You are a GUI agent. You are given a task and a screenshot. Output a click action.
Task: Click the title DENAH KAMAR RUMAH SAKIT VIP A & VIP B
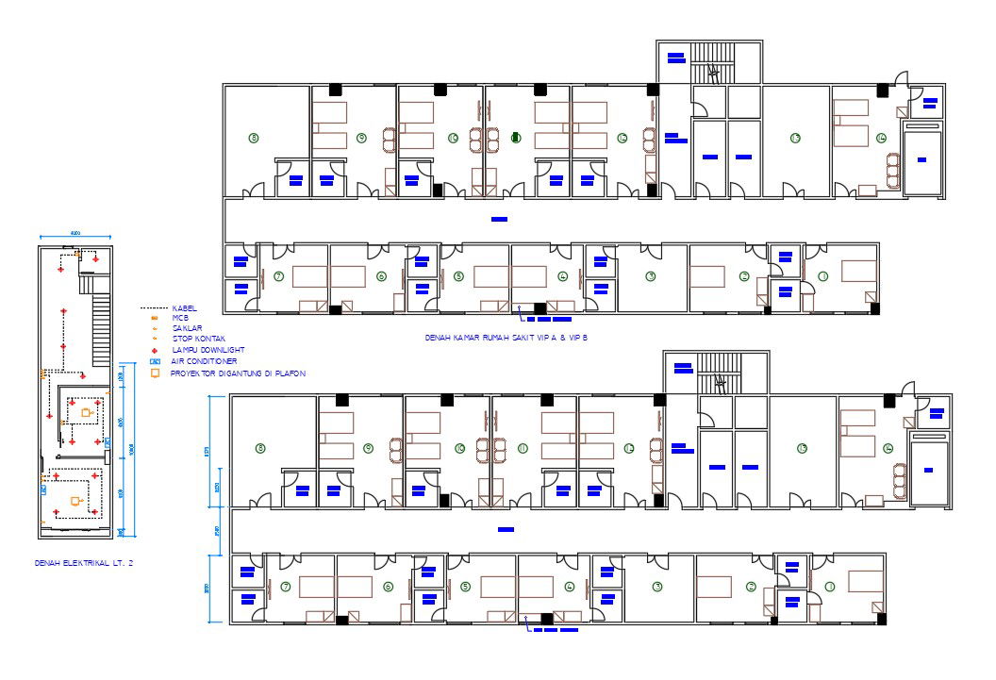click(x=501, y=337)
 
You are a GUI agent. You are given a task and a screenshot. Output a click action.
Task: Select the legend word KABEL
click(x=183, y=308)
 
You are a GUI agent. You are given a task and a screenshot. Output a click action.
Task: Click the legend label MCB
click(x=179, y=318)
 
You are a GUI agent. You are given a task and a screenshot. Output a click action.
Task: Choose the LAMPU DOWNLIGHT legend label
click(x=201, y=349)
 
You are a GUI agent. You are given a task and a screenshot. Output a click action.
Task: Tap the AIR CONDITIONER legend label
click(x=204, y=361)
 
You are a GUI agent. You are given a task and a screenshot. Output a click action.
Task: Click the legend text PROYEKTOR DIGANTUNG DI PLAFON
click(x=238, y=373)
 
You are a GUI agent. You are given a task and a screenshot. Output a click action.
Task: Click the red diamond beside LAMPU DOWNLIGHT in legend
click(x=154, y=350)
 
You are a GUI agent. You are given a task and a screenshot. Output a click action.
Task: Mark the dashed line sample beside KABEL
click(x=153, y=308)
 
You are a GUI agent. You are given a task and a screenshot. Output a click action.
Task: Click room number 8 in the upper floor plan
click(x=253, y=138)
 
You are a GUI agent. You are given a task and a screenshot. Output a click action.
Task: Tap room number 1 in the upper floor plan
click(x=822, y=276)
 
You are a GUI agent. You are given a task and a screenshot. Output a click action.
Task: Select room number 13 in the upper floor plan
click(x=795, y=139)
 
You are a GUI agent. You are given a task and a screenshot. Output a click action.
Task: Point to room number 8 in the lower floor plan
click(x=260, y=449)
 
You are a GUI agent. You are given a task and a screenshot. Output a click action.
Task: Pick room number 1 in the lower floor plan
click(x=830, y=587)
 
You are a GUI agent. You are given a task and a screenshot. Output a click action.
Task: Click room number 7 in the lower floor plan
click(x=285, y=587)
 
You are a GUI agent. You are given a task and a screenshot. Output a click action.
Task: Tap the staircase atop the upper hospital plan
click(x=713, y=62)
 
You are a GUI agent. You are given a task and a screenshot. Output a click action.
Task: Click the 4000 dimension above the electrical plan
click(x=75, y=235)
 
